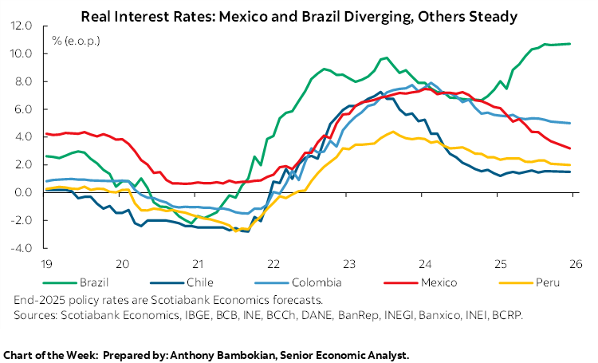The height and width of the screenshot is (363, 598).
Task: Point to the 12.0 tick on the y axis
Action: click(21, 26)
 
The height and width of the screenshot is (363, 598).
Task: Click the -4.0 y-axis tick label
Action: click(21, 248)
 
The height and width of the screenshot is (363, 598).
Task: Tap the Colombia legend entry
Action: click(318, 282)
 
